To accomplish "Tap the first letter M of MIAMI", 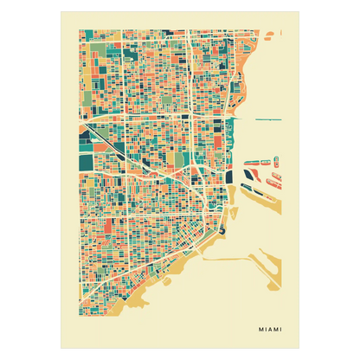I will tap(260, 329).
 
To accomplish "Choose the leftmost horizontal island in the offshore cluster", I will tap(249, 162).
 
